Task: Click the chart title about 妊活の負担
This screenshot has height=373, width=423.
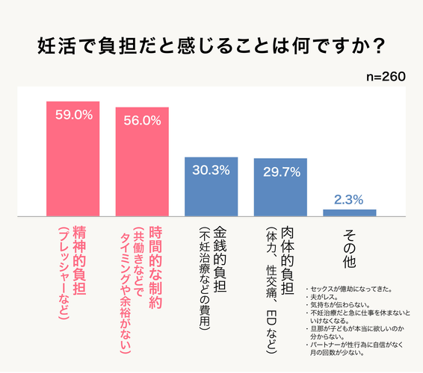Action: [x=211, y=47]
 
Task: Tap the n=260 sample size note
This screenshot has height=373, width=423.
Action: [x=386, y=78]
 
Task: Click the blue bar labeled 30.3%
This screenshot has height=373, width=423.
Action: [x=211, y=186]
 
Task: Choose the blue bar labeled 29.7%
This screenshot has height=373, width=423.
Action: [x=280, y=187]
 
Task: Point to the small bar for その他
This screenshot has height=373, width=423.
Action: [x=349, y=212]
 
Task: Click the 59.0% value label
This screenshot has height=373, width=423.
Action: [x=72, y=116]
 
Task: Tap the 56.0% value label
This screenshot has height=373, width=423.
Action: [x=142, y=120]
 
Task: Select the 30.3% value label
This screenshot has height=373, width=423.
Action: [x=211, y=170]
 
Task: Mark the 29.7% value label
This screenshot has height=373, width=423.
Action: [x=280, y=172]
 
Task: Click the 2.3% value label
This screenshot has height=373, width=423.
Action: [x=349, y=199]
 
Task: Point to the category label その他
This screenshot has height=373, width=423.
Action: [x=349, y=248]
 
